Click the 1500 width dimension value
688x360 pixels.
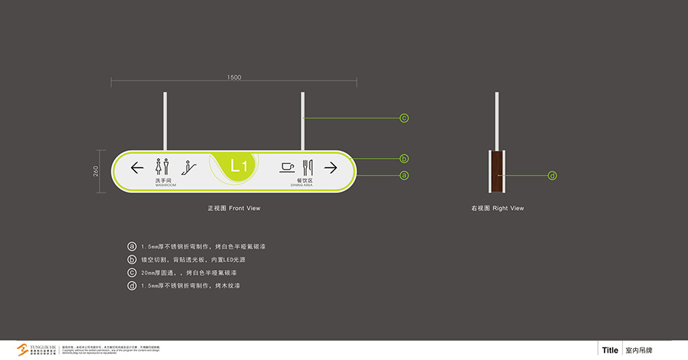(x=234, y=78)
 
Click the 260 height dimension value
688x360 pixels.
(x=96, y=171)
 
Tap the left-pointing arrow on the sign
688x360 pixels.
(x=137, y=168)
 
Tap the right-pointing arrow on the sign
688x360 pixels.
(x=330, y=168)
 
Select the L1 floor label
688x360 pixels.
(x=239, y=167)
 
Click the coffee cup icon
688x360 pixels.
(x=288, y=166)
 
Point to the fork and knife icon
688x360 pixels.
(x=308, y=166)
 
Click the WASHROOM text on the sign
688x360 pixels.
(x=165, y=185)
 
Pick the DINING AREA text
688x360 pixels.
(x=301, y=185)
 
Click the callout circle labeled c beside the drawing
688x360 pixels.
(x=403, y=118)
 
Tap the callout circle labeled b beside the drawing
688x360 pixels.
(x=403, y=158)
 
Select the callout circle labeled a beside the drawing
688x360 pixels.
(x=403, y=175)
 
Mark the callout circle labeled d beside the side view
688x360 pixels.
(x=553, y=175)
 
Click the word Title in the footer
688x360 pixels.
(x=610, y=350)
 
